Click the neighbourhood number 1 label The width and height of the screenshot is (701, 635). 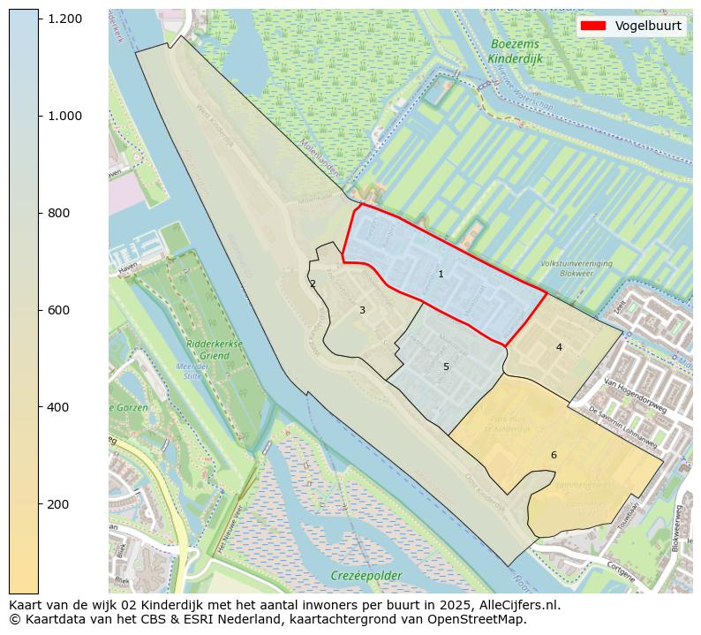click(x=441, y=275)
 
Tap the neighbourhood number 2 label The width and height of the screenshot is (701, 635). click(x=313, y=283)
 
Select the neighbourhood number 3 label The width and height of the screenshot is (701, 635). click(x=362, y=311)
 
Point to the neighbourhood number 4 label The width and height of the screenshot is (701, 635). click(x=559, y=348)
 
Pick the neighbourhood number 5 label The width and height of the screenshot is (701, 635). click(x=446, y=367)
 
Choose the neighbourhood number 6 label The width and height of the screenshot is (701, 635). click(x=554, y=455)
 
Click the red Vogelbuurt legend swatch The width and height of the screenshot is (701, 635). click(x=593, y=26)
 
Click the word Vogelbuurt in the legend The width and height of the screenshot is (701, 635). click(x=648, y=26)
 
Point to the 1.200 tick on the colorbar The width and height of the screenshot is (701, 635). click(x=64, y=19)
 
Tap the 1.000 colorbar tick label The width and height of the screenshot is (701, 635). click(x=64, y=116)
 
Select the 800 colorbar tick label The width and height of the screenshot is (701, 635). click(x=58, y=213)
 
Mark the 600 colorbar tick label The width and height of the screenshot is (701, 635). click(x=58, y=310)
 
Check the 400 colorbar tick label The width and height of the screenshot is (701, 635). click(x=58, y=407)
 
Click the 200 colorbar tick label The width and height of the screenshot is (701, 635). click(x=58, y=504)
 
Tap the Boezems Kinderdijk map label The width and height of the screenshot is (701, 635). click(x=514, y=51)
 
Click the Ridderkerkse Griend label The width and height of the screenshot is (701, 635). click(x=208, y=350)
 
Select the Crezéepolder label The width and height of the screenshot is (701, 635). click(x=366, y=576)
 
